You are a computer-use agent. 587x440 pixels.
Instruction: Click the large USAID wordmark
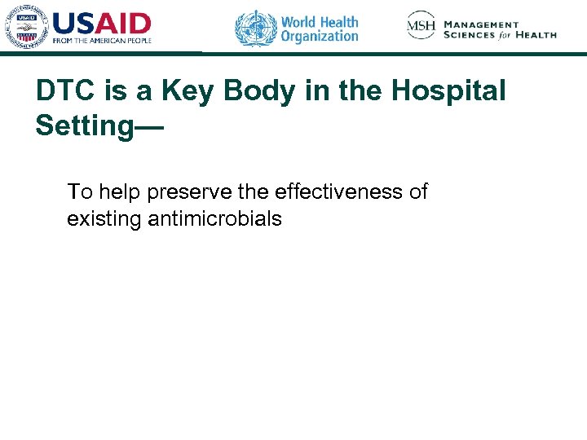[x=102, y=22]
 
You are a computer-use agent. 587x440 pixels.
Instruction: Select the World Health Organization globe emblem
[x=255, y=27]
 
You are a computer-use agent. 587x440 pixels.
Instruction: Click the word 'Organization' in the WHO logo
[x=320, y=36]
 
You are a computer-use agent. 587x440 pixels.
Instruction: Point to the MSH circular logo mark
[x=421, y=25]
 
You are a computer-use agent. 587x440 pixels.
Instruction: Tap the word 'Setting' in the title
[x=82, y=125]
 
